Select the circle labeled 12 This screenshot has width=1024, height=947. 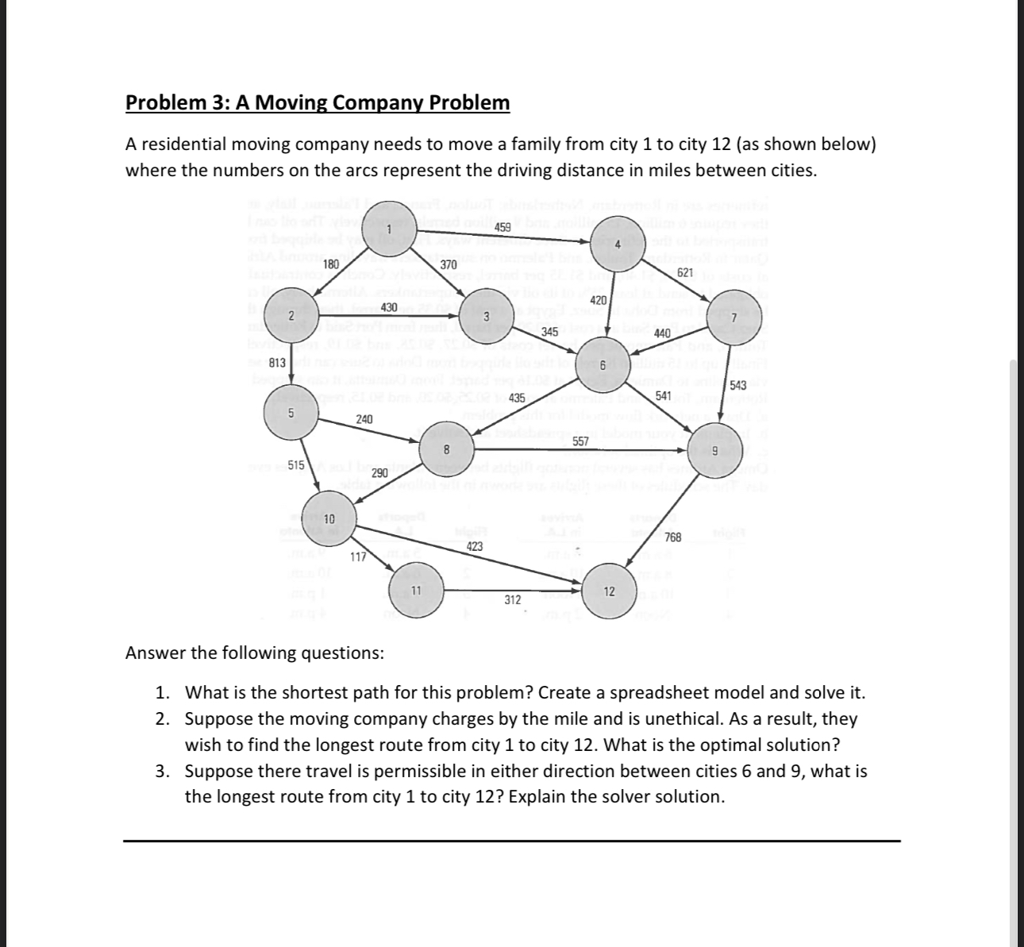[x=609, y=591]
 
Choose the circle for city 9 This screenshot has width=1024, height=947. [x=714, y=450]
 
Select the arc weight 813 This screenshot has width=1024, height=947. [x=278, y=363]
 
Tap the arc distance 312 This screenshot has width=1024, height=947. [x=513, y=600]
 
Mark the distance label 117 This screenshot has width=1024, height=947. [x=359, y=556]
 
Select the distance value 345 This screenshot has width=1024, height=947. [x=549, y=331]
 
